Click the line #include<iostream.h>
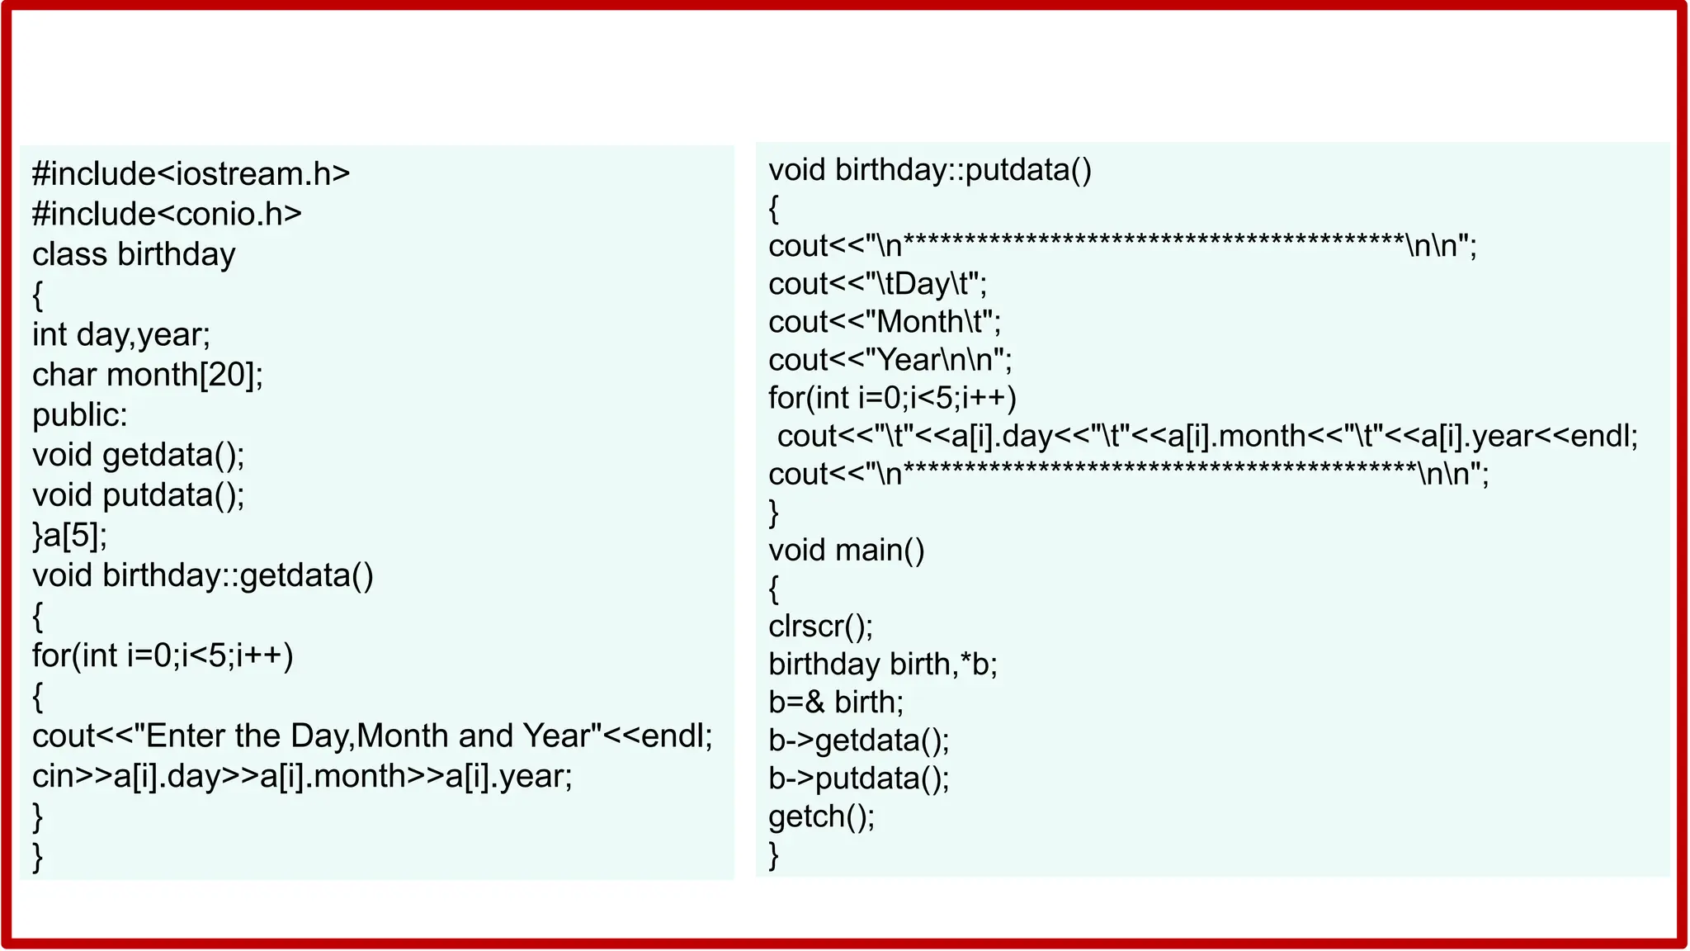point(191,174)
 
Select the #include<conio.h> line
point(167,215)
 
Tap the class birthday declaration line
point(134,254)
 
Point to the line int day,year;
point(121,334)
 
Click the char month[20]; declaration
point(148,375)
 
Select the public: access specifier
point(80,414)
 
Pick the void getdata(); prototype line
point(139,455)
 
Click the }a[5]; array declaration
point(70,535)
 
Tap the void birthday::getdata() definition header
point(203,575)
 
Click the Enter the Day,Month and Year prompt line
point(372,736)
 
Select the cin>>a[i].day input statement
point(302,776)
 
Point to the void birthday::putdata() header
point(930,170)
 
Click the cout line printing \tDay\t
point(877,284)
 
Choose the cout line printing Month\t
point(885,322)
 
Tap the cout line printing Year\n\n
point(890,360)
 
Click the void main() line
point(847,550)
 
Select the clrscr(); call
point(820,626)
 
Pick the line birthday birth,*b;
point(883,664)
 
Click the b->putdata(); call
point(859,778)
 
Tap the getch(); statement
point(821,816)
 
